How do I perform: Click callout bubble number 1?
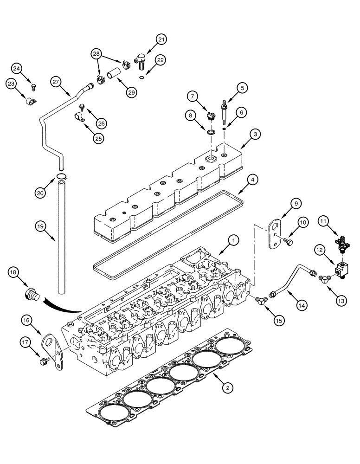tap(234, 240)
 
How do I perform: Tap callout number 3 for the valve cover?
tap(255, 134)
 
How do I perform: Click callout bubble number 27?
tap(57, 82)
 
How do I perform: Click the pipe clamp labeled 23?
tap(31, 100)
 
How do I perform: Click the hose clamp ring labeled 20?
tap(62, 175)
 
